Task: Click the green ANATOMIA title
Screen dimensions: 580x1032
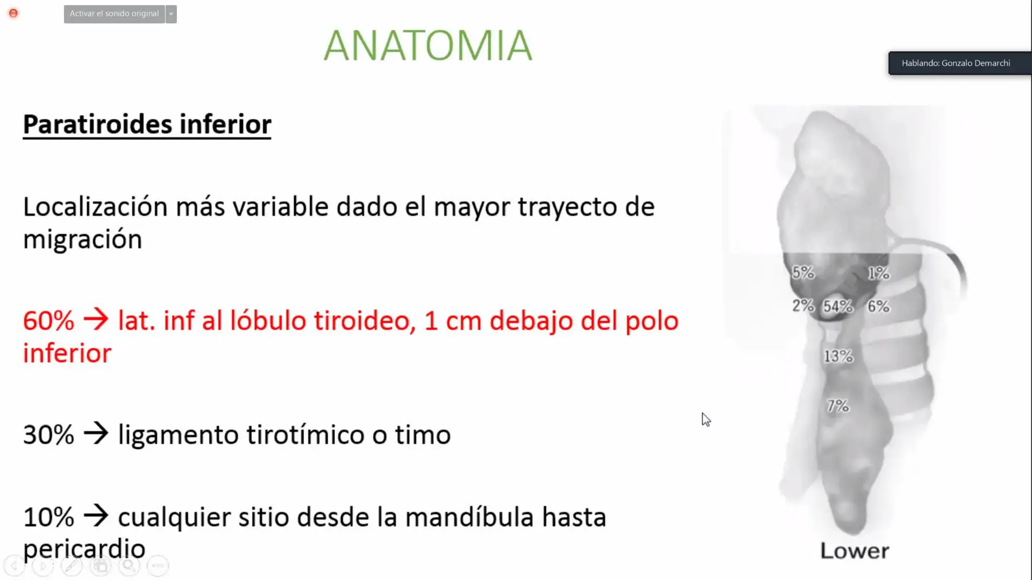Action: (x=428, y=46)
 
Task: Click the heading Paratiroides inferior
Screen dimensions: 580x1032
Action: (x=147, y=124)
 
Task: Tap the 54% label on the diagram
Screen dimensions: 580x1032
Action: (x=838, y=306)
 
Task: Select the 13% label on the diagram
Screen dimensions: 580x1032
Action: (x=838, y=356)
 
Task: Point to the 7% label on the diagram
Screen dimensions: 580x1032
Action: (x=838, y=406)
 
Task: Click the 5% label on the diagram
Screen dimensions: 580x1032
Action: (x=803, y=273)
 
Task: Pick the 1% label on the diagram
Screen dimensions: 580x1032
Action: (x=879, y=273)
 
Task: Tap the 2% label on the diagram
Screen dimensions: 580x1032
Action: (x=803, y=306)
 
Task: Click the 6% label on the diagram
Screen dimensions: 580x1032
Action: (x=878, y=306)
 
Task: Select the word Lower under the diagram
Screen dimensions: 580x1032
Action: (x=855, y=551)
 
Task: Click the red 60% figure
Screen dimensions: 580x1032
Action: (x=48, y=321)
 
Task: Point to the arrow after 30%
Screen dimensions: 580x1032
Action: (x=96, y=433)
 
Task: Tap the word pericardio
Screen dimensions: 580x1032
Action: (x=84, y=549)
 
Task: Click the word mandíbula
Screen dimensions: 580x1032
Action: (x=469, y=517)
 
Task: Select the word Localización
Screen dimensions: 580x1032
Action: (x=95, y=207)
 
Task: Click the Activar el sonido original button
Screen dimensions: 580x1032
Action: (x=114, y=14)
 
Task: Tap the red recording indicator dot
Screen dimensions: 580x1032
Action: (x=14, y=13)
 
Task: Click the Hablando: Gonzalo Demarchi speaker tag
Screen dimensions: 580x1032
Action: (x=956, y=63)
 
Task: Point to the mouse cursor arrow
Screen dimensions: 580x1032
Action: (x=705, y=419)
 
